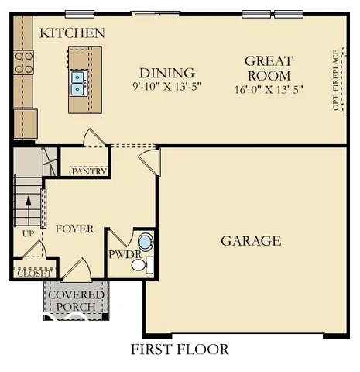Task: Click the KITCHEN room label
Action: (72, 33)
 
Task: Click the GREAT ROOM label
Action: (268, 68)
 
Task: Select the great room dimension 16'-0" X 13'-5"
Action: (268, 89)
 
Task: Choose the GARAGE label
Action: (251, 241)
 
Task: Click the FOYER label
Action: (74, 229)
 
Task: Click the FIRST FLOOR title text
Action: (180, 350)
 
